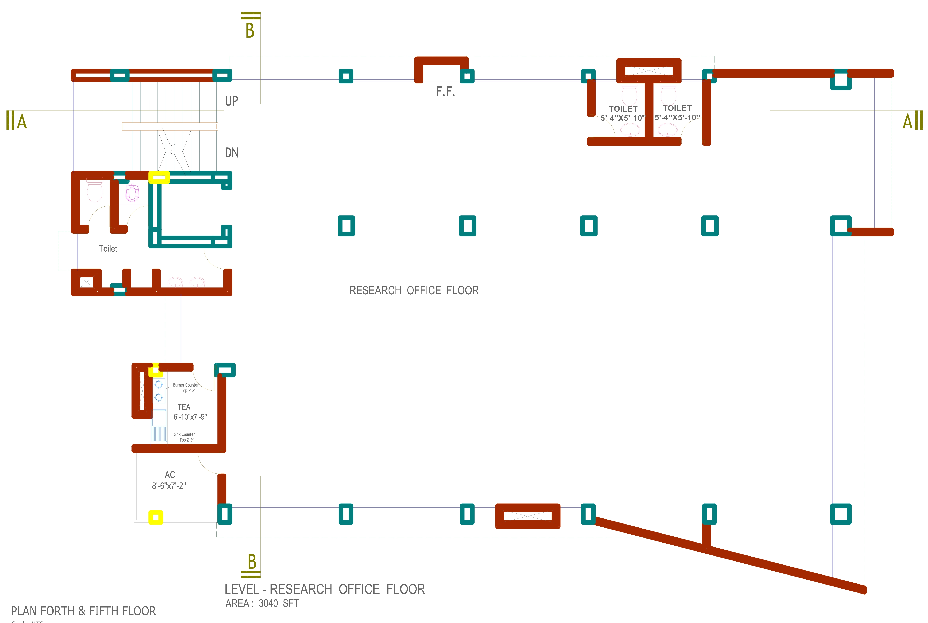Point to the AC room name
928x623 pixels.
(170, 475)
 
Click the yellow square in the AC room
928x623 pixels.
(156, 517)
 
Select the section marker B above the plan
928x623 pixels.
(250, 30)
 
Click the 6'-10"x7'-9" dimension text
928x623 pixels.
(190, 417)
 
